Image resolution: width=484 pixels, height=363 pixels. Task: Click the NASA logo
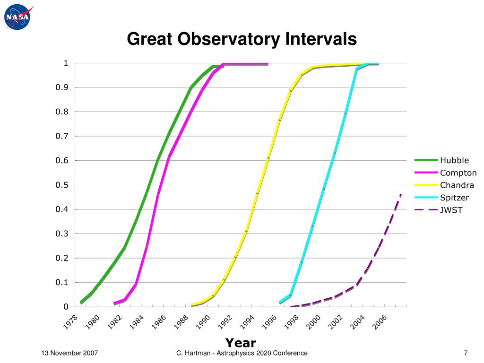[17, 17]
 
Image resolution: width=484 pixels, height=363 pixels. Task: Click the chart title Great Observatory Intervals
[242, 39]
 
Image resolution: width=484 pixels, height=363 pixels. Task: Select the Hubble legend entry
[454, 160]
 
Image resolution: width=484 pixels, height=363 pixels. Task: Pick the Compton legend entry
[458, 173]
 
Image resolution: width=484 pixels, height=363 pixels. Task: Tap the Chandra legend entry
[457, 185]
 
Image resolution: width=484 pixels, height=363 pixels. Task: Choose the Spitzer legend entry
[454, 197]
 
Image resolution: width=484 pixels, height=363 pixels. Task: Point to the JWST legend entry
[451, 209]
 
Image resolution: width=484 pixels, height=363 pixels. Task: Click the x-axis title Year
[241, 343]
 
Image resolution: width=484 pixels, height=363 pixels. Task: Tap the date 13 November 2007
[69, 353]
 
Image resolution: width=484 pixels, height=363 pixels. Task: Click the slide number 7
[466, 353]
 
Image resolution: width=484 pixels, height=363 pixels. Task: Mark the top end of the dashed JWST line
[400, 194]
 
